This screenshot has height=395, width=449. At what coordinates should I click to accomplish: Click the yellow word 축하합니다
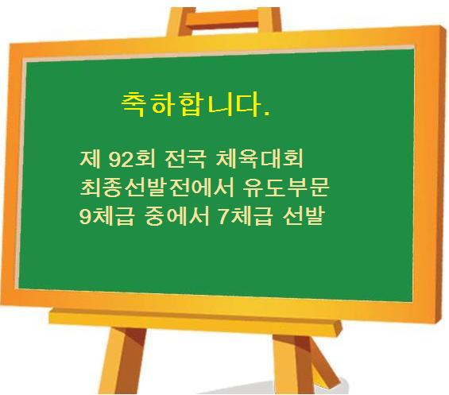[191, 103]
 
